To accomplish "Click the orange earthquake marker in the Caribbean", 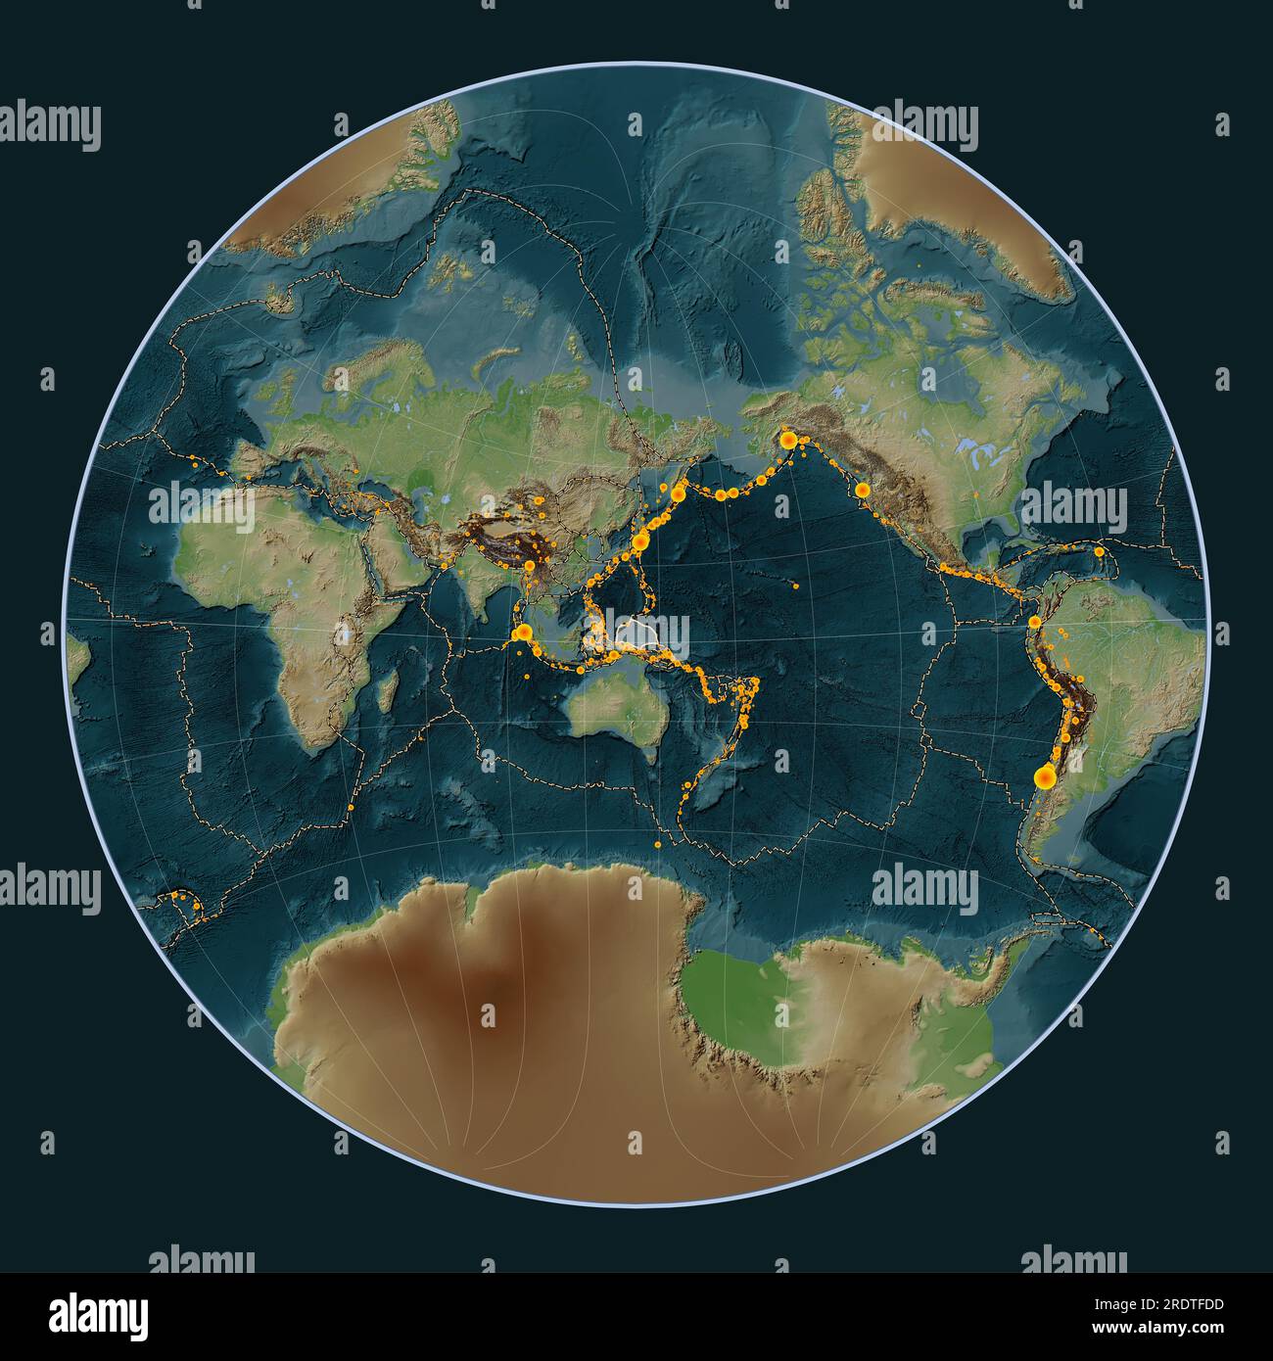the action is pyautogui.click(x=1100, y=551).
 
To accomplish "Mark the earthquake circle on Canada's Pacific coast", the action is pyautogui.click(x=862, y=491).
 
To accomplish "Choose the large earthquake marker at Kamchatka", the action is pyautogui.click(x=677, y=494).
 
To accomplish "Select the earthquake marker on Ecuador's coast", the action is pyautogui.click(x=1035, y=622).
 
